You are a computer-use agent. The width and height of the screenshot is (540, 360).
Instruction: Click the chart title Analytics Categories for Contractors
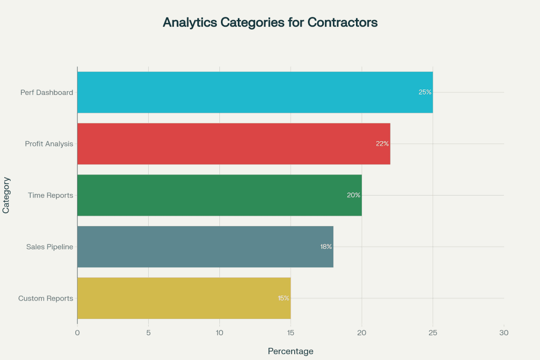pos(270,23)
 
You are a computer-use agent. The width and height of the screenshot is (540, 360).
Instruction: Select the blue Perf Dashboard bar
pos(255,92)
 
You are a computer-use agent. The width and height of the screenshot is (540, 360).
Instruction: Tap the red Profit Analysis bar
pos(234,144)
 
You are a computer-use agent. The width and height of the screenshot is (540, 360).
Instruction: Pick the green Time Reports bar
pos(219,195)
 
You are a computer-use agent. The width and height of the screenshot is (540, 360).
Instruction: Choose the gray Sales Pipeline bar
pos(205,247)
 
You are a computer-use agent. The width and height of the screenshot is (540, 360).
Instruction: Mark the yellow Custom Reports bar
pos(184,298)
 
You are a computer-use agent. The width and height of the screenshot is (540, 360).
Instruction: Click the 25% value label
pos(425,92)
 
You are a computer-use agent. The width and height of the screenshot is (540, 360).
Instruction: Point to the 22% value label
pos(382,144)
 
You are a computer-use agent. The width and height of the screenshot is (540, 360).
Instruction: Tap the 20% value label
pos(353,195)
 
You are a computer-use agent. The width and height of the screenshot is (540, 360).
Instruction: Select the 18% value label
pos(326,247)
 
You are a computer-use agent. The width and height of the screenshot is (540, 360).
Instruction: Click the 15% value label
pos(284,298)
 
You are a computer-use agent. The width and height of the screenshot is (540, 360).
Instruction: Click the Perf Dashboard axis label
pos(47,93)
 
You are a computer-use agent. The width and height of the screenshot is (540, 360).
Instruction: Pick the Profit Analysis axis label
pos(49,144)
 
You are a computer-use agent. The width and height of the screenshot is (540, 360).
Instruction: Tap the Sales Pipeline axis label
pos(50,247)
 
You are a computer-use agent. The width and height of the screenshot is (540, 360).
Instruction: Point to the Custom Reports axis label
pos(45,298)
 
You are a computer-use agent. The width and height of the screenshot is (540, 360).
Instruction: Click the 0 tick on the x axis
pos(78,333)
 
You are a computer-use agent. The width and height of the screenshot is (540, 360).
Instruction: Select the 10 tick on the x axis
pos(219,333)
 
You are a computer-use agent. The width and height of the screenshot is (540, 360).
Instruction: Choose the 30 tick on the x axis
pos(504,333)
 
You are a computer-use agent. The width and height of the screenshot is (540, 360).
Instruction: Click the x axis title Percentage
pos(291,351)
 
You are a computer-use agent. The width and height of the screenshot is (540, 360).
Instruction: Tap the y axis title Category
pos(6,195)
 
